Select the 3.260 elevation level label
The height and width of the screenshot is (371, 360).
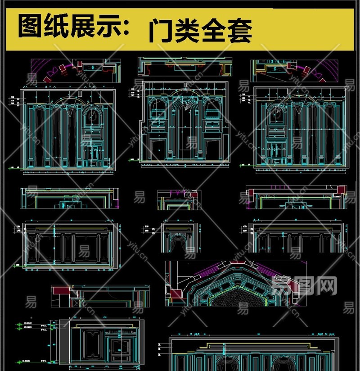click(x=28, y=323)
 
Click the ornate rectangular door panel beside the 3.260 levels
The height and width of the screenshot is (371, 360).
click(x=93, y=344)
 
